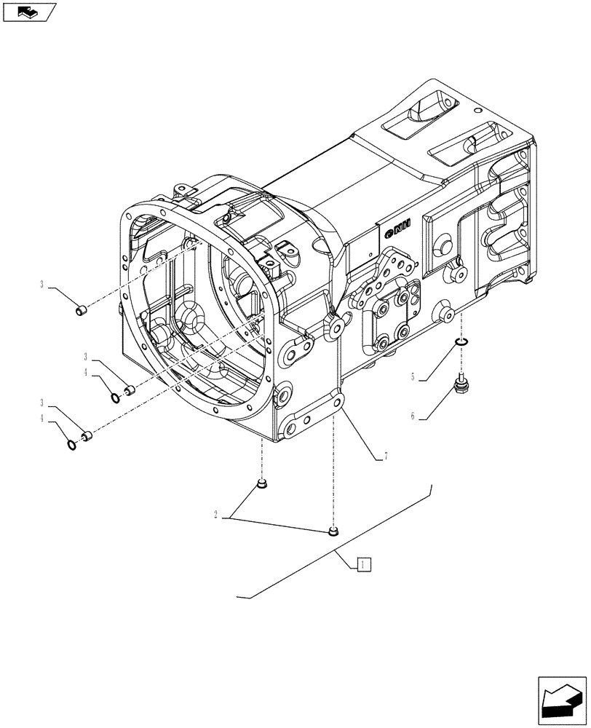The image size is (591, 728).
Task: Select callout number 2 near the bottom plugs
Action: tap(215, 515)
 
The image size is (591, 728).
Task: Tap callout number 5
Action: tap(413, 377)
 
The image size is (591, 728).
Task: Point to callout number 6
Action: tap(413, 416)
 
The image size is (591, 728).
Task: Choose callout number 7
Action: tap(384, 456)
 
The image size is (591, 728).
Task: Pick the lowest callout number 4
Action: tap(44, 419)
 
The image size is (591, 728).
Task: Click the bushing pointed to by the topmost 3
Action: tap(82, 312)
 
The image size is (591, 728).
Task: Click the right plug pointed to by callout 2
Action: tap(333, 532)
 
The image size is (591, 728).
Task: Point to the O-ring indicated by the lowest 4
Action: tap(71, 445)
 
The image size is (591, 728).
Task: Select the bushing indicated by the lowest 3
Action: tap(86, 436)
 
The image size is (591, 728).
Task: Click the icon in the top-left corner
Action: tap(29, 12)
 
